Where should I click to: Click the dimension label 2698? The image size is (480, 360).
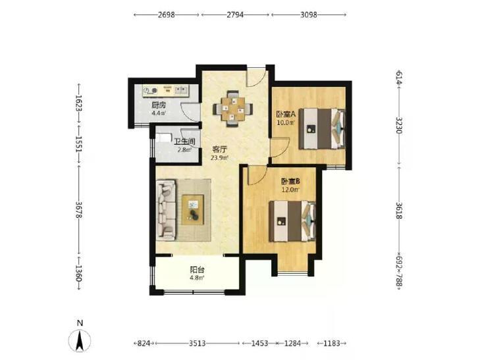(x=166, y=14)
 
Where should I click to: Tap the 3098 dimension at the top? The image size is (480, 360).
(x=308, y=14)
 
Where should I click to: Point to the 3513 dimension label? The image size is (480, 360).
(x=197, y=343)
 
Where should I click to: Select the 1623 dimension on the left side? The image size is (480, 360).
(x=79, y=103)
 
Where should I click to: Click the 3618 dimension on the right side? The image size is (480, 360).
(x=399, y=211)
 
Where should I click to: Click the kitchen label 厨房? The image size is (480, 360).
(x=159, y=105)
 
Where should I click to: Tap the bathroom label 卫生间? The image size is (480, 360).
(x=184, y=142)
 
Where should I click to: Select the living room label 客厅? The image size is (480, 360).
(x=219, y=149)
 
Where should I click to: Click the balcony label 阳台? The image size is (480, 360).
(x=197, y=270)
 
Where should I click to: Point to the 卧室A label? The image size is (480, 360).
(x=286, y=115)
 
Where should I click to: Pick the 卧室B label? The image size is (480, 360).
(x=290, y=182)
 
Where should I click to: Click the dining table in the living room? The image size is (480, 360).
(x=233, y=109)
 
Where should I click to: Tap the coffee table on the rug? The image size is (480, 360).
(x=193, y=210)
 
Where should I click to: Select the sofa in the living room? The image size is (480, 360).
(x=166, y=209)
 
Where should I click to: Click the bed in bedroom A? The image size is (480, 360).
(x=322, y=129)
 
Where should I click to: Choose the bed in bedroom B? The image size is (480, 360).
(x=292, y=221)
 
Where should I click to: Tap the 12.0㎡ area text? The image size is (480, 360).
(x=290, y=190)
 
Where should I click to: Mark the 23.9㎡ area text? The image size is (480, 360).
(x=219, y=158)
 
